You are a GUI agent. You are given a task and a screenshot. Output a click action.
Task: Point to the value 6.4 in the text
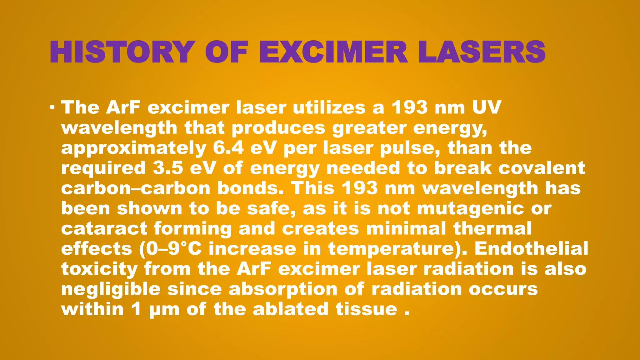[x=228, y=148]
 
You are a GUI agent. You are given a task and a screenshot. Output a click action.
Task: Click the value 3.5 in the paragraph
[x=168, y=168]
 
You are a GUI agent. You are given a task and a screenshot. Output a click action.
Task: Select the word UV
[x=486, y=107]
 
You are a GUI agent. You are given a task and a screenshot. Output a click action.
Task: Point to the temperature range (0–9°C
[x=170, y=249]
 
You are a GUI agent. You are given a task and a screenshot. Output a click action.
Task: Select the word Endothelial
[x=531, y=249]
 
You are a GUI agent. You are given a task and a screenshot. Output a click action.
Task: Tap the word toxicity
[x=99, y=269]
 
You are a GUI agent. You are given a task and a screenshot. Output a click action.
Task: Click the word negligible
[x=111, y=289]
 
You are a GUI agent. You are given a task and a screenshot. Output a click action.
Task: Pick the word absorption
[x=283, y=289]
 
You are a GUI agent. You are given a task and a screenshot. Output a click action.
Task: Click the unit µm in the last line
[x=164, y=310]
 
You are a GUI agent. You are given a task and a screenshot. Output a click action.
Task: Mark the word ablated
[x=291, y=309]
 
